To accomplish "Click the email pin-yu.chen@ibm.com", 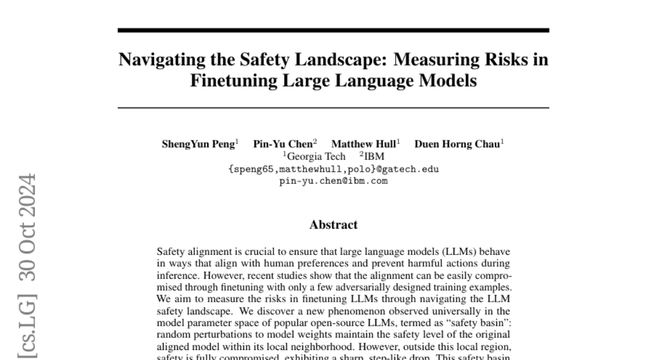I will click(x=333, y=181).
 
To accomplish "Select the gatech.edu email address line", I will click(x=333, y=169).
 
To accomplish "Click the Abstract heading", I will click(x=333, y=225).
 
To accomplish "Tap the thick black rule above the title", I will click(x=333, y=30).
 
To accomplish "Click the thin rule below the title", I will click(x=333, y=107).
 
